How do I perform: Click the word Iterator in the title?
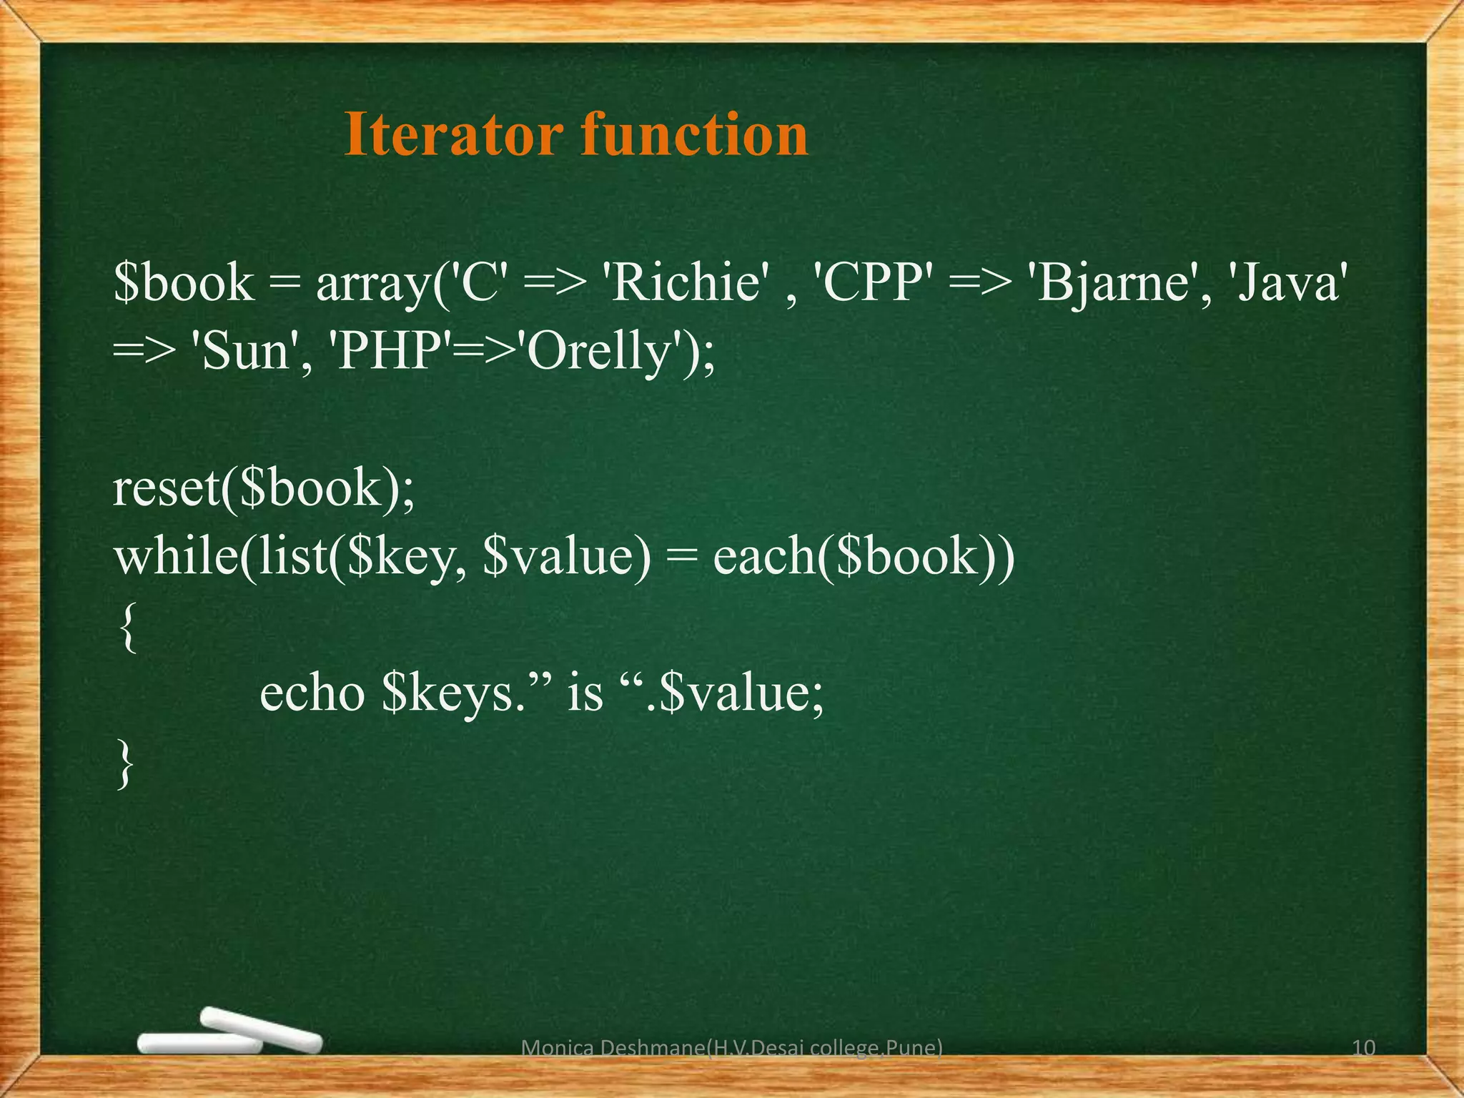tap(451, 134)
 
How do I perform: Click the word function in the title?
tap(694, 134)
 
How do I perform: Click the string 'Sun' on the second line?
tap(244, 352)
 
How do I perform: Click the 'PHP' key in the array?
tap(390, 352)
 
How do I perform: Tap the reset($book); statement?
tap(264, 490)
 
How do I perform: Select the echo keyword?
tap(312, 694)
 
